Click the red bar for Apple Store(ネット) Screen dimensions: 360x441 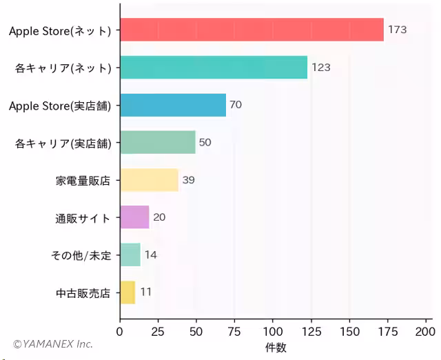(252, 30)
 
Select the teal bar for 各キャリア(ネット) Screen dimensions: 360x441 (214, 68)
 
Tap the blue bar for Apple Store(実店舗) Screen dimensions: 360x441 (173, 105)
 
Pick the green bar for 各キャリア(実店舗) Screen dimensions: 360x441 (158, 142)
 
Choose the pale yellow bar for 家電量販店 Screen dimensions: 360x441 (150, 180)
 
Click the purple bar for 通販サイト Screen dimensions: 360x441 (135, 217)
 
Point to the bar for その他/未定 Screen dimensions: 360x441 (130, 254)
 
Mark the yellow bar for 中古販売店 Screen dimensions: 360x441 (128, 292)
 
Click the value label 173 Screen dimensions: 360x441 (397, 30)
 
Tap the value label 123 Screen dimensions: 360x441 (321, 68)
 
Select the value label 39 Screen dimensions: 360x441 (188, 180)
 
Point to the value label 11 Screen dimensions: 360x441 (145, 292)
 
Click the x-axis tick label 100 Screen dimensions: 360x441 (273, 331)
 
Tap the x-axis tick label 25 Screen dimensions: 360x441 (158, 331)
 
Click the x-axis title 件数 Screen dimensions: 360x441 (276, 348)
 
